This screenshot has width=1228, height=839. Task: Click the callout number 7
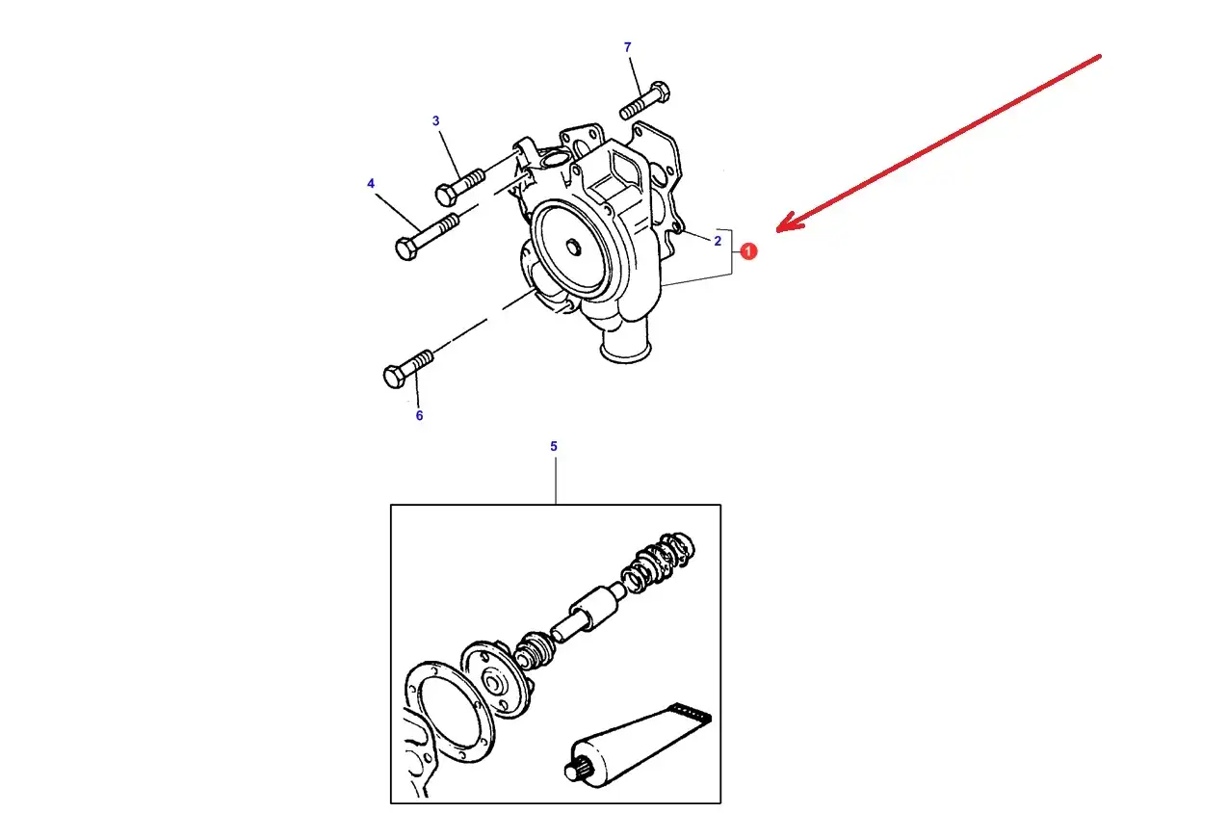coord(627,47)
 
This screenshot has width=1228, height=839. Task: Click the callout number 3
coord(435,121)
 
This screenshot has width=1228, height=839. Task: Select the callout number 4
coord(371,183)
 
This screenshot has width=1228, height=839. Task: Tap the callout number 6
coord(419,416)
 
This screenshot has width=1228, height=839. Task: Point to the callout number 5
coord(554,447)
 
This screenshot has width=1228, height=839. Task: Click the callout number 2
coord(718,241)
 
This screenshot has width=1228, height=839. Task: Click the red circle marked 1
coord(748,251)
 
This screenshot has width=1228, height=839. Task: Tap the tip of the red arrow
coord(779,230)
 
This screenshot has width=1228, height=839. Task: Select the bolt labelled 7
coord(645,101)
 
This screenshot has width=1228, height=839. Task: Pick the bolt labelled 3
coord(461,185)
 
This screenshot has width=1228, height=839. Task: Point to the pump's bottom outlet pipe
coord(625,343)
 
